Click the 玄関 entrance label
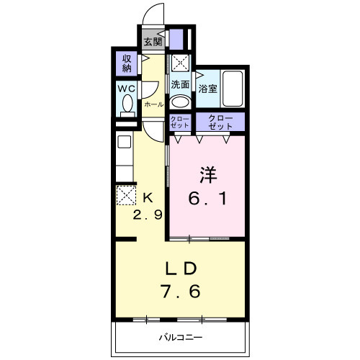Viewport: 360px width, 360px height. (x=152, y=41)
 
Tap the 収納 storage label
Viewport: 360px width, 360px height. (x=127, y=63)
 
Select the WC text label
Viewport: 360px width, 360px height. (x=127, y=89)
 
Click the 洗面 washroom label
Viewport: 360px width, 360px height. (x=180, y=84)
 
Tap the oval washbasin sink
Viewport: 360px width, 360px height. (x=180, y=101)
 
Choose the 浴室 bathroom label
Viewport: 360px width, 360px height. (x=208, y=90)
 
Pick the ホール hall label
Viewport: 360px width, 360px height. (x=153, y=104)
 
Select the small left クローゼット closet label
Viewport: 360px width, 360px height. (x=180, y=122)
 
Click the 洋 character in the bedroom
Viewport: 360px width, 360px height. (x=208, y=174)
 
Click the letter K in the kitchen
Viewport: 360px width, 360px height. (x=148, y=197)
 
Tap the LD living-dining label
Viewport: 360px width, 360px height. (x=181, y=269)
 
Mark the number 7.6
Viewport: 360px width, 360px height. (x=181, y=292)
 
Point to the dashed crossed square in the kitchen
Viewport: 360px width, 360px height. (x=127, y=195)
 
